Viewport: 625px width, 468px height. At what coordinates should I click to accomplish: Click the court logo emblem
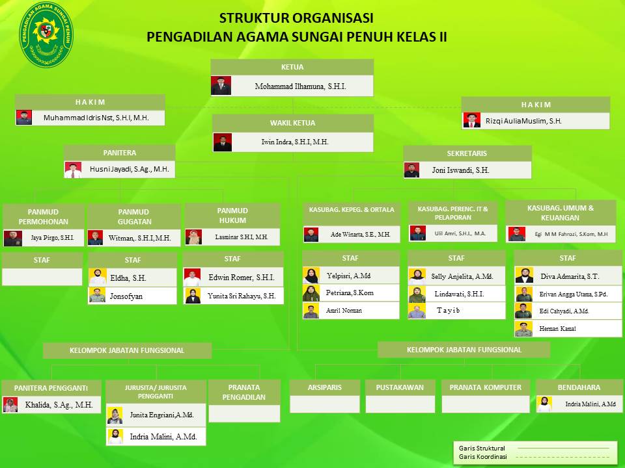pyautogui.click(x=46, y=34)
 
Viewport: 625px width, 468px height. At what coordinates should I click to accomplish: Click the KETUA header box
pyautogui.click(x=292, y=67)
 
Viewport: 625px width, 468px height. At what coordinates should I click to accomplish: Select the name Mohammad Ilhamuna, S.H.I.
pyautogui.click(x=301, y=86)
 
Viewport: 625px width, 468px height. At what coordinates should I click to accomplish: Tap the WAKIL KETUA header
pyautogui.click(x=292, y=123)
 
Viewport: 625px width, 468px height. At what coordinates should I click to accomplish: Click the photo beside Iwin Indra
pyautogui.click(x=223, y=142)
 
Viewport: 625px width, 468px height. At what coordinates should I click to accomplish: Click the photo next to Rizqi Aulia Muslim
pyautogui.click(x=471, y=120)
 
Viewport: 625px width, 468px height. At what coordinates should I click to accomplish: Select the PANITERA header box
pyautogui.click(x=120, y=153)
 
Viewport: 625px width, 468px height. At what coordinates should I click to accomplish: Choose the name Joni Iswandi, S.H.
pyautogui.click(x=460, y=170)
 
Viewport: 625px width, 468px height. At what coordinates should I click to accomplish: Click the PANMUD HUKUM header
pyautogui.click(x=232, y=215)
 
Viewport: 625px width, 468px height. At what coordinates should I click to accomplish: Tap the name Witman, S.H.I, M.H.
pyautogui.click(x=139, y=238)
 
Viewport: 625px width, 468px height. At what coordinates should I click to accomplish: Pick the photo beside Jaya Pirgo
pyautogui.click(x=13, y=238)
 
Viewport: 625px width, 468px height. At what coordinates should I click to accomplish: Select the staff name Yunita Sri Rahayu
pyautogui.click(x=241, y=296)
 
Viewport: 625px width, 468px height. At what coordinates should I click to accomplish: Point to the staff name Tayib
pyautogui.click(x=448, y=311)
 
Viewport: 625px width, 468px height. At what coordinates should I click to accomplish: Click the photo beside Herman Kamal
pyautogui.click(x=523, y=329)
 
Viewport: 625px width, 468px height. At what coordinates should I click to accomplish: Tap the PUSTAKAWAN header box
pyautogui.click(x=400, y=387)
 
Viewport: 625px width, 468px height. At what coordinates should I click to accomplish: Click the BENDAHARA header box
pyautogui.click(x=579, y=387)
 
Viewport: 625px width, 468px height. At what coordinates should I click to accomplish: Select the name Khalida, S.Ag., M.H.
pyautogui.click(x=59, y=405)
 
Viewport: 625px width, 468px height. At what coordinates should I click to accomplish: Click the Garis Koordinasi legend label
pyautogui.click(x=482, y=457)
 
